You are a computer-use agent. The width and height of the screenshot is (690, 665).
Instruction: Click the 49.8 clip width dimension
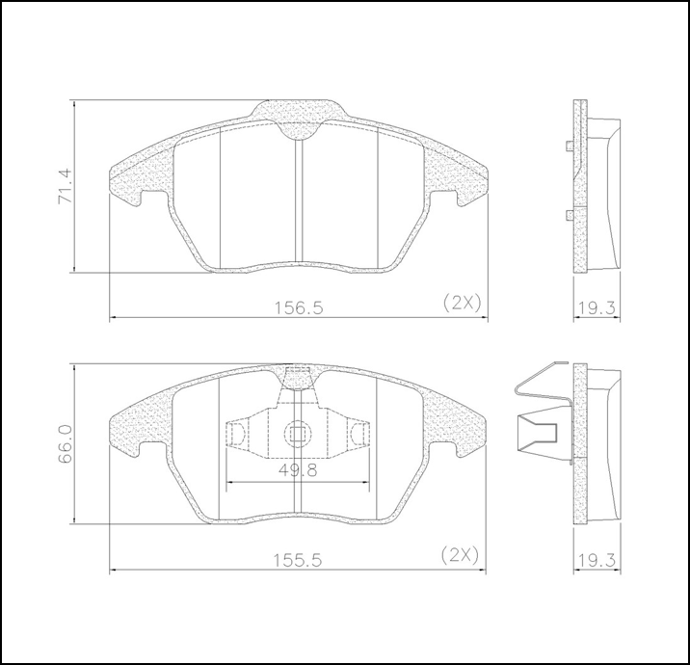[x=298, y=470]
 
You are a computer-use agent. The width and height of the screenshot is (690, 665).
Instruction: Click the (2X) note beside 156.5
[x=461, y=302]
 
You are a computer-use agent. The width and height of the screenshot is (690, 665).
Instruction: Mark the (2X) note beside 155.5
[x=460, y=554]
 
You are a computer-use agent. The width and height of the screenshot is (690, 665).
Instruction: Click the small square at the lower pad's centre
[x=298, y=434]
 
